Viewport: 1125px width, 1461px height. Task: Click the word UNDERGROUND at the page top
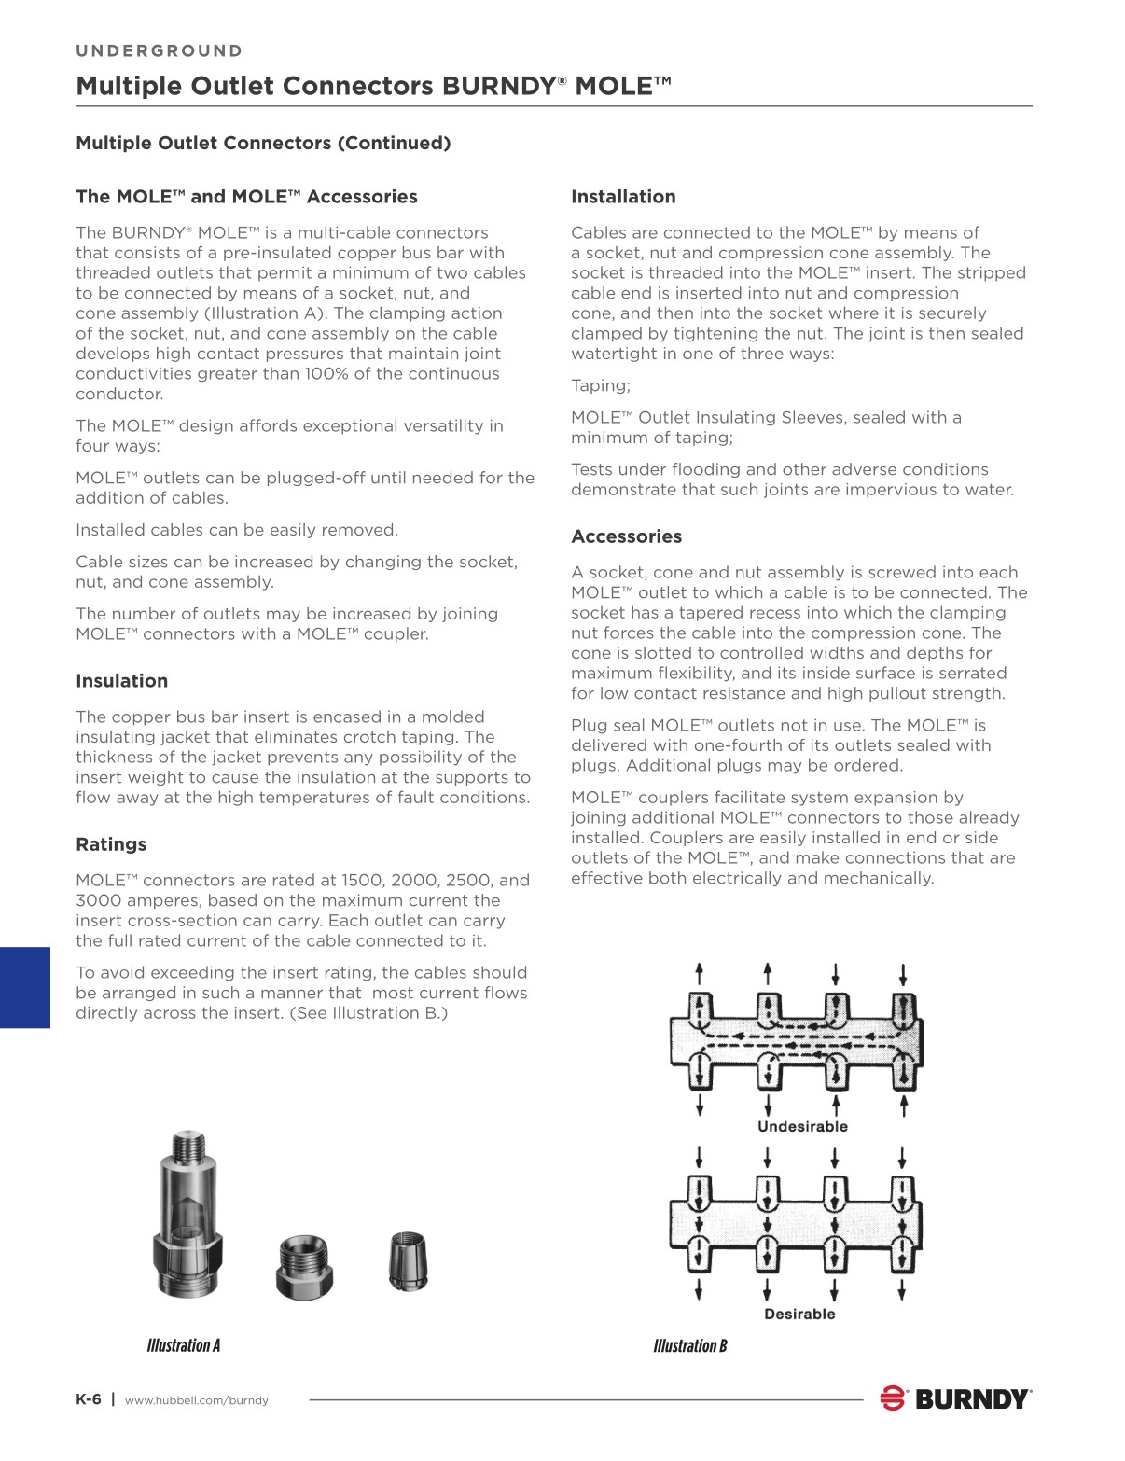[159, 51]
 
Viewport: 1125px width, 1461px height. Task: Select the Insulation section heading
[121, 681]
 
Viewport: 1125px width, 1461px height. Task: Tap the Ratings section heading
[111, 845]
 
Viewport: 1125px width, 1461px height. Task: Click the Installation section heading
[623, 197]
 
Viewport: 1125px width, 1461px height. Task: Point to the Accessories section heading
[626, 536]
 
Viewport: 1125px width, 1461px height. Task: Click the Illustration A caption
[184, 1345]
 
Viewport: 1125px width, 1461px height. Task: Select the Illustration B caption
[690, 1346]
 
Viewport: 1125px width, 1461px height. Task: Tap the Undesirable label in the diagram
[802, 1127]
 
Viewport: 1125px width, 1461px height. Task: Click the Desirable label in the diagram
[799, 1314]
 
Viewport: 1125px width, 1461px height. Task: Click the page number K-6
[88, 1399]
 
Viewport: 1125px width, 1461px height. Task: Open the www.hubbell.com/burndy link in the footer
[196, 1400]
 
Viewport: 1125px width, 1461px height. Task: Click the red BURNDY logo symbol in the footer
[893, 1398]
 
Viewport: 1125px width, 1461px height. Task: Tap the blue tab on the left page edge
[25, 988]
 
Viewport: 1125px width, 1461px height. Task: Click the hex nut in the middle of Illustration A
[304, 1267]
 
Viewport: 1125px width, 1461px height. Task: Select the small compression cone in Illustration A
[408, 1260]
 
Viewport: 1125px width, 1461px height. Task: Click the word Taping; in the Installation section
[601, 386]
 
